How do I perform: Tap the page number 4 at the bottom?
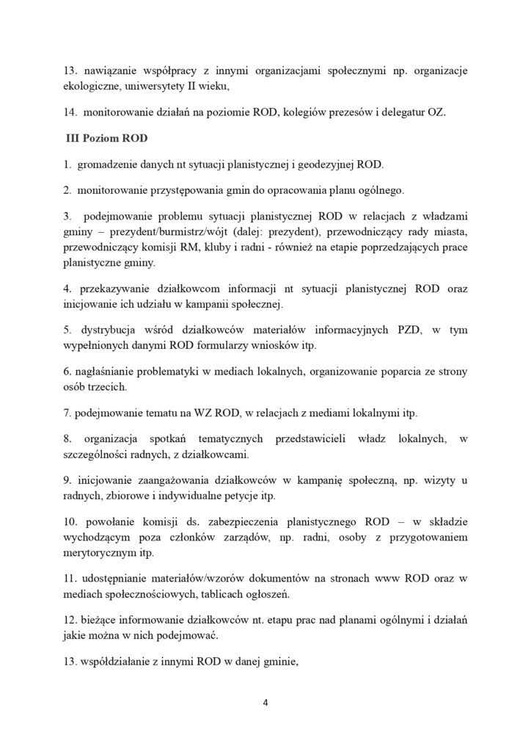point(265,701)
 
